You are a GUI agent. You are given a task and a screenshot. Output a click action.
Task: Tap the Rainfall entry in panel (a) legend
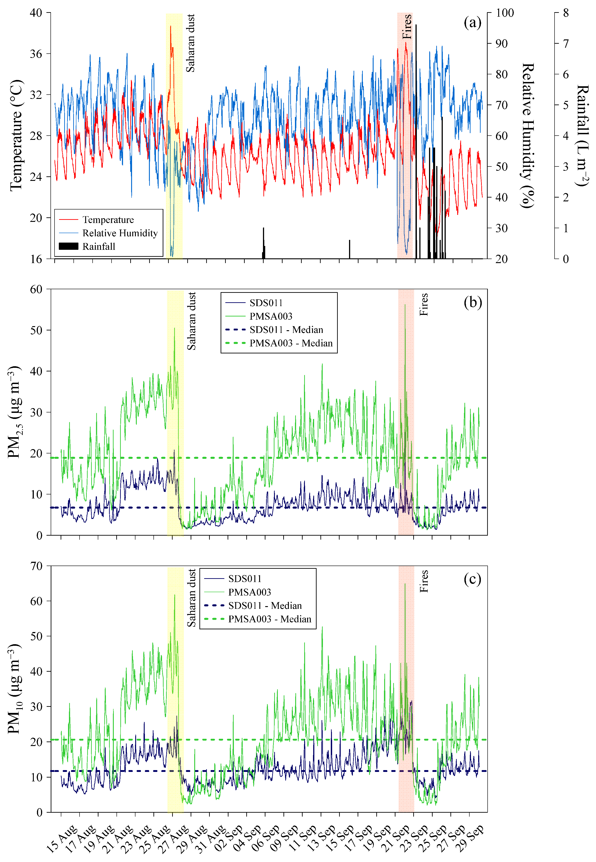(x=99, y=246)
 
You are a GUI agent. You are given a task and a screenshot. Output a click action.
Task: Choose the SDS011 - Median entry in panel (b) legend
(x=286, y=330)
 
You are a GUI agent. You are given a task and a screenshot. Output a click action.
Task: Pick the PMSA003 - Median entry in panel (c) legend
(x=270, y=619)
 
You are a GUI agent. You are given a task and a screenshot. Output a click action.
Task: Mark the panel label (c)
(x=472, y=579)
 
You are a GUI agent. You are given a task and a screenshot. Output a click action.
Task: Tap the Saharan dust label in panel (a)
(x=190, y=43)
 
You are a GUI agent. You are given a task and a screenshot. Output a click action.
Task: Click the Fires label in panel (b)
(x=423, y=304)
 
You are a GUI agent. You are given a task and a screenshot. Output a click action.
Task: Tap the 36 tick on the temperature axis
(x=36, y=54)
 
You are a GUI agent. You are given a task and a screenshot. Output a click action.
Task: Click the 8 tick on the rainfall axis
(x=566, y=13)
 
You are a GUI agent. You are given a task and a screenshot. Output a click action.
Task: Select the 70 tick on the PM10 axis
(x=36, y=566)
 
